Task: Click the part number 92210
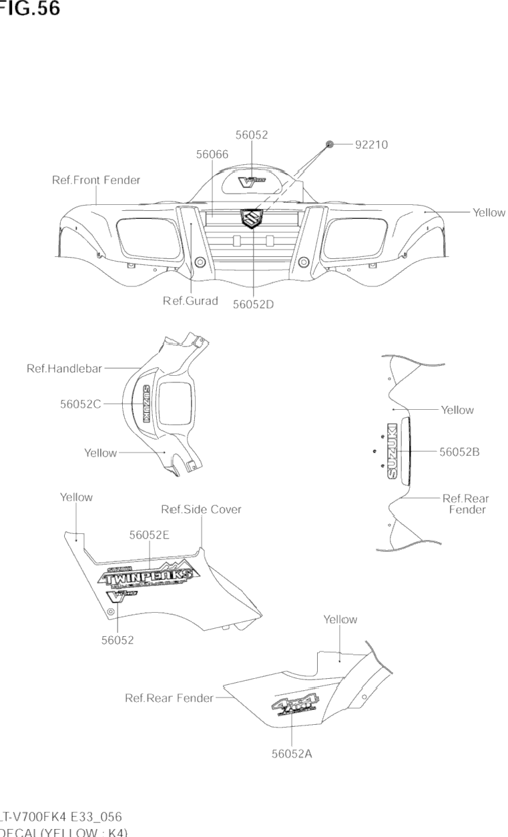371,144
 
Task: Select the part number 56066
212,154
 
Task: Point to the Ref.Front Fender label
96,180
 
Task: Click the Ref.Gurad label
190,300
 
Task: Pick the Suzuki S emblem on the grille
252,218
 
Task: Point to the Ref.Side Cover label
201,509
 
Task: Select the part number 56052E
150,535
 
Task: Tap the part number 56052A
292,754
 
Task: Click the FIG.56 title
29,9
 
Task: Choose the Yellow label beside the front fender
489,212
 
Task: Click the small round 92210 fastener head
330,144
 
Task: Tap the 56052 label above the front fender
252,135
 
